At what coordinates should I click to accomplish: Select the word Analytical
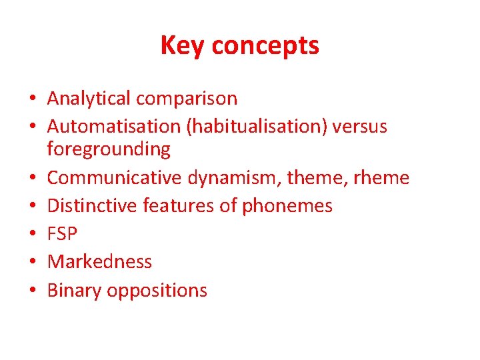[89, 99]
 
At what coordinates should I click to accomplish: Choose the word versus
[361, 126]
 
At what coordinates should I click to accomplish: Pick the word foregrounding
[109, 150]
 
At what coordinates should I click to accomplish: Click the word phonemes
[287, 206]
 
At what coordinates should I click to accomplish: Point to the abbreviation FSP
[63, 234]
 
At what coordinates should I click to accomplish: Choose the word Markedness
[99, 262]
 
